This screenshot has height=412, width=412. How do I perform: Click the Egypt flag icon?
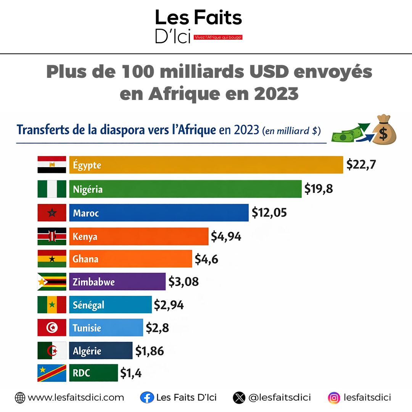(x=52, y=165)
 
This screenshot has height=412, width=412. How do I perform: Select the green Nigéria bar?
(x=185, y=189)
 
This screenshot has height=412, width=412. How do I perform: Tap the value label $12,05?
(x=269, y=212)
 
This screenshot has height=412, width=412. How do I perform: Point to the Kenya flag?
(x=52, y=236)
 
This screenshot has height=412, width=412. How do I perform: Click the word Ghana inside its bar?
(x=86, y=259)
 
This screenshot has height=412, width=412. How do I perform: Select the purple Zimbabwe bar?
(x=117, y=282)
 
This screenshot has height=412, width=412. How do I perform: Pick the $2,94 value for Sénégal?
(x=169, y=305)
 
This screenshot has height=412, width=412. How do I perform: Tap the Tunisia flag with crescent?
(x=52, y=328)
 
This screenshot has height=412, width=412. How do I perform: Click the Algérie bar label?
(x=87, y=351)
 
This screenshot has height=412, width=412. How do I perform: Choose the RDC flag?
(x=52, y=373)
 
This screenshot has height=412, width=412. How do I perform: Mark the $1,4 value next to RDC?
(x=131, y=373)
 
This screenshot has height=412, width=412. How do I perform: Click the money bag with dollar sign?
(x=383, y=131)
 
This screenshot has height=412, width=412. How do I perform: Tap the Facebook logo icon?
(x=146, y=398)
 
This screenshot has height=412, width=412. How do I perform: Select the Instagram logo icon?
(x=334, y=398)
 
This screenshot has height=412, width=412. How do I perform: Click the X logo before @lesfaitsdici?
(x=239, y=398)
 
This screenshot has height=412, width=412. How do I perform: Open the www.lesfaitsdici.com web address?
(x=76, y=398)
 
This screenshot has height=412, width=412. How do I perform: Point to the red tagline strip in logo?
(x=218, y=37)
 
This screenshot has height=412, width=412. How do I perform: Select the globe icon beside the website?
(x=20, y=398)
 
